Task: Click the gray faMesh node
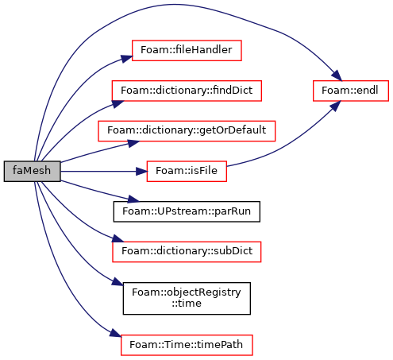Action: point(32,171)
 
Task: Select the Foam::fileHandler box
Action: point(187,50)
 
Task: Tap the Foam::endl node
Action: point(351,91)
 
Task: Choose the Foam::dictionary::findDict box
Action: point(187,91)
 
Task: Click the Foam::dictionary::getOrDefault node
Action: point(187,131)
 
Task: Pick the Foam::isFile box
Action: point(187,171)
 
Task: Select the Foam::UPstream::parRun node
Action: point(187,211)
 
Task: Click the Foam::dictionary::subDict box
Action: point(187,252)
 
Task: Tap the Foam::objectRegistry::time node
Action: point(187,298)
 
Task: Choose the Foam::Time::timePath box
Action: point(187,345)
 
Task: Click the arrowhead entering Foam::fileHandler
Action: point(126,59)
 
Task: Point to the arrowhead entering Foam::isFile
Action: point(141,172)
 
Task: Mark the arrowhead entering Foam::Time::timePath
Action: point(115,333)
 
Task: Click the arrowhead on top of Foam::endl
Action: point(337,75)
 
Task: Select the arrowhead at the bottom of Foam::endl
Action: point(336,106)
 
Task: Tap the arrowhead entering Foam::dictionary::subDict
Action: point(118,238)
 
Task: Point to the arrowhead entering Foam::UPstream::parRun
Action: point(133,199)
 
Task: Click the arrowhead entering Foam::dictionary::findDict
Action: point(118,104)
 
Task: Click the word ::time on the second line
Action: point(187,304)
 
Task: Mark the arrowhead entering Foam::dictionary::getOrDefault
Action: point(133,143)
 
